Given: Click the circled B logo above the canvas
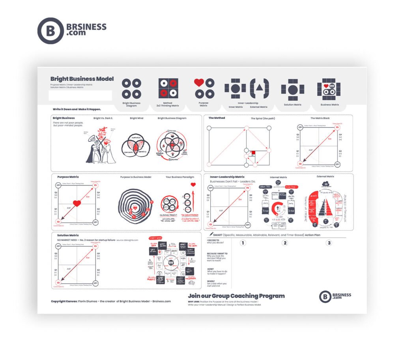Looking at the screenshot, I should click(51, 31).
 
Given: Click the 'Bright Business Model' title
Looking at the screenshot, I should click(82, 79).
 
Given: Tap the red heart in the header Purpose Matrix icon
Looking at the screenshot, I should click(199, 82).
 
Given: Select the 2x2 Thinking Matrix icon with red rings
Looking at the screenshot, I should click(168, 88).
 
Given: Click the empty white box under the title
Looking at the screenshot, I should click(80, 96).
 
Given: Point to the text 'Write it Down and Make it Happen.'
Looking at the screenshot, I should click(77, 109).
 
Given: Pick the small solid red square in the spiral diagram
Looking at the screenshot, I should click(254, 153).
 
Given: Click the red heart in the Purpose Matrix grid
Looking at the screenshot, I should click(77, 203).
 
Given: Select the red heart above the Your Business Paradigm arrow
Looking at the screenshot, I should click(193, 184).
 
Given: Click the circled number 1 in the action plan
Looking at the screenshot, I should click(243, 243).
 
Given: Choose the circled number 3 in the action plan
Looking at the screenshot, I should click(328, 243).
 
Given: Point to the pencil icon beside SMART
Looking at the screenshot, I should click(211, 234).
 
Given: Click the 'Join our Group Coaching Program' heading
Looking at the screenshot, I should click(236, 296).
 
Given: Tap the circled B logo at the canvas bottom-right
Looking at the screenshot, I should click(325, 297).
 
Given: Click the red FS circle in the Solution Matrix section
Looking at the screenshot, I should click(95, 246).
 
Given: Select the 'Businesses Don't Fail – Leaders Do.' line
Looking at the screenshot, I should click(233, 182).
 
